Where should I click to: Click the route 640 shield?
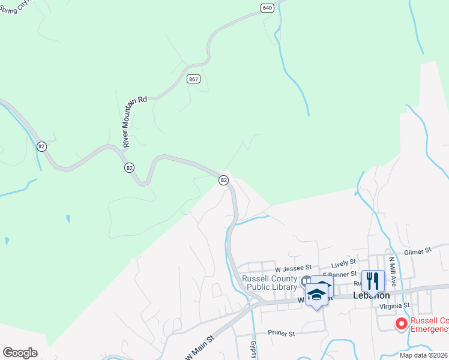pyautogui.click(x=268, y=8)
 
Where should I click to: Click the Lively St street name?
pyautogui.click(x=344, y=262)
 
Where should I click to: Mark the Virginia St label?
pyautogui.click(x=394, y=305)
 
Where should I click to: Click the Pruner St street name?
pyautogui.click(x=282, y=333)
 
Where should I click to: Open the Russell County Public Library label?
pyautogui.click(x=270, y=283)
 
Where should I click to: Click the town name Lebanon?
pyautogui.click(x=372, y=296)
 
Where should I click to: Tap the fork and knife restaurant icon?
pyautogui.click(x=373, y=280)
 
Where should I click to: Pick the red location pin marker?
pyautogui.click(x=401, y=323)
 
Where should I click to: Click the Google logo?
pyautogui.click(x=20, y=352)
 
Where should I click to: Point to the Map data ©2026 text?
pyautogui.click(x=424, y=355)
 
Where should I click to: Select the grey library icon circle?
pyautogui.click(x=307, y=280)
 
